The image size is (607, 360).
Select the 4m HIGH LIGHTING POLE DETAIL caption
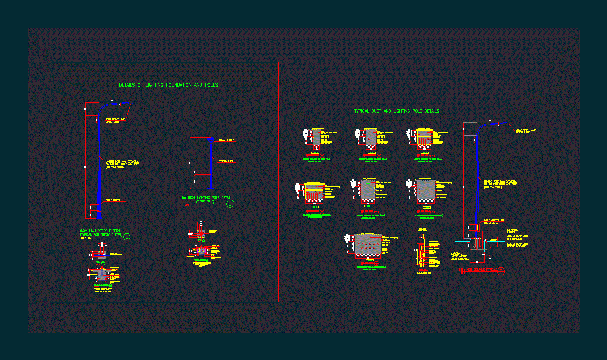205,198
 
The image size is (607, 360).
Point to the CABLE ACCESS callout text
113,201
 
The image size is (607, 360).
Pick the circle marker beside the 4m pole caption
230,204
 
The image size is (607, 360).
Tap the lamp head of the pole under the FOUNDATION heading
123,104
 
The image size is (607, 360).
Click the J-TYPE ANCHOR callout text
461,256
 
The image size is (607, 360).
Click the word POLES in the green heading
211,85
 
